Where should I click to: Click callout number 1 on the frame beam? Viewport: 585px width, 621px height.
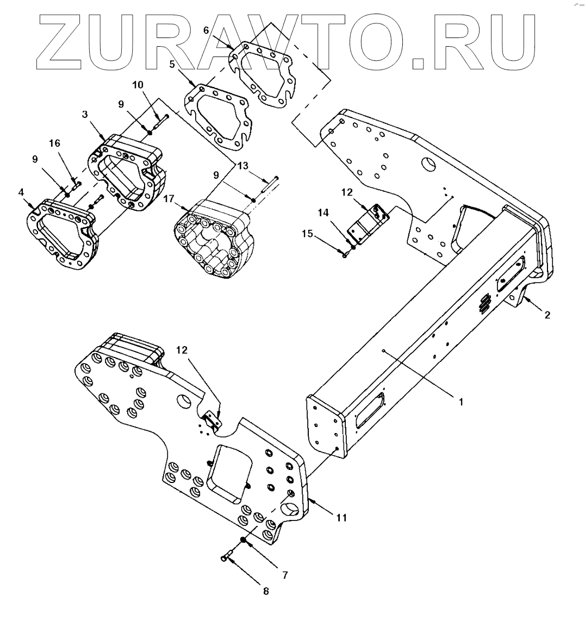460,403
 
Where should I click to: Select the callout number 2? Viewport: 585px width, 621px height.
547,315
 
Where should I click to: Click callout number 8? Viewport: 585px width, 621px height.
265,592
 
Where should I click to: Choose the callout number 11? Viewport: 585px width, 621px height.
341,518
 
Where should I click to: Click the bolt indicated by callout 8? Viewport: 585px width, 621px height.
227,557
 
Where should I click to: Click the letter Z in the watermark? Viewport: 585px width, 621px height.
64,43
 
